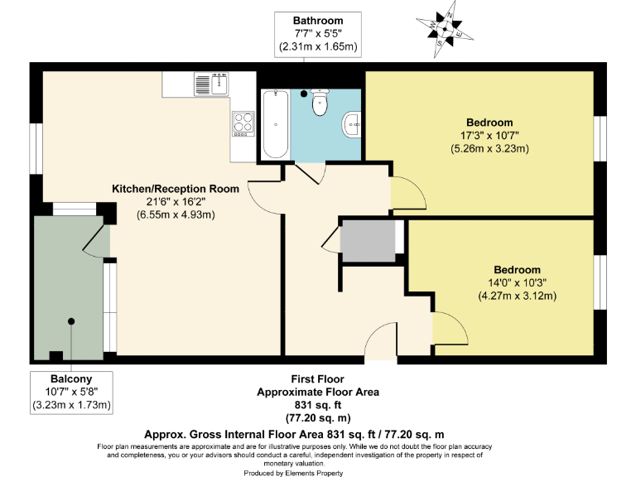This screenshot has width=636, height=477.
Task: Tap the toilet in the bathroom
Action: click(x=320, y=104)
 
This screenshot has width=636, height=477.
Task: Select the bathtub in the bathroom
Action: click(x=276, y=124)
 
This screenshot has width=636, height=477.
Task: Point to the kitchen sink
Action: click(x=212, y=84)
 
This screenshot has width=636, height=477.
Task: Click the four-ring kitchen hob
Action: click(x=243, y=123)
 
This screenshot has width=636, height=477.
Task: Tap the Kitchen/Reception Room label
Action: click(x=176, y=189)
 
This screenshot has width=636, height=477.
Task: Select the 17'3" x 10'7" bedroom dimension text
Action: click(x=489, y=136)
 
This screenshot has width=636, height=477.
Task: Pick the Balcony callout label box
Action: click(x=71, y=392)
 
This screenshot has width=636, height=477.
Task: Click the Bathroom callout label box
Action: click(x=317, y=33)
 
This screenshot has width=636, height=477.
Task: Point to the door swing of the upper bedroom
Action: click(x=403, y=194)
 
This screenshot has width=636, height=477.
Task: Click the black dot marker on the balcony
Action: click(x=71, y=321)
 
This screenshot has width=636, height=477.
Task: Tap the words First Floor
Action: click(x=317, y=379)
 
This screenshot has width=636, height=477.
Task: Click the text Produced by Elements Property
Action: click(x=292, y=473)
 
